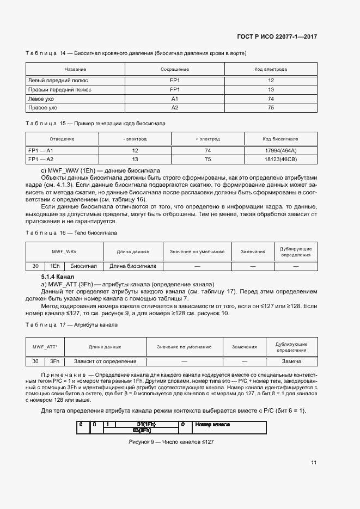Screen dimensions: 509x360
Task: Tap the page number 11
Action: [x=314, y=463]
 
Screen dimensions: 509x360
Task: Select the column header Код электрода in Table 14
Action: [x=271, y=70]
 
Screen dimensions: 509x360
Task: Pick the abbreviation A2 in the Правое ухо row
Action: [x=175, y=108]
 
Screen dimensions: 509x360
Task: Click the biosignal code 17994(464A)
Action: [x=281, y=150]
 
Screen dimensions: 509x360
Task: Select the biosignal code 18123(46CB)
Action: [x=281, y=159]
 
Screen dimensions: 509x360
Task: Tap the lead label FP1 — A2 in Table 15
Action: [x=41, y=159]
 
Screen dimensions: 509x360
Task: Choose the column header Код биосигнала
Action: [x=280, y=139]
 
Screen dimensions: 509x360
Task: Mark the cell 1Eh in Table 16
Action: [x=54, y=266]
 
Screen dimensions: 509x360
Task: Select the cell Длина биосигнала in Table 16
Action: [x=133, y=266]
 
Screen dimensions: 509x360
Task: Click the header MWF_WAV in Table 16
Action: [x=64, y=252]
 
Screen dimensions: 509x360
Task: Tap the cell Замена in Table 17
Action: [x=291, y=361]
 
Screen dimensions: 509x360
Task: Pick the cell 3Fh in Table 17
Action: [x=54, y=361]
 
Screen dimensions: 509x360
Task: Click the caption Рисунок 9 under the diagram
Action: [x=171, y=441]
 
